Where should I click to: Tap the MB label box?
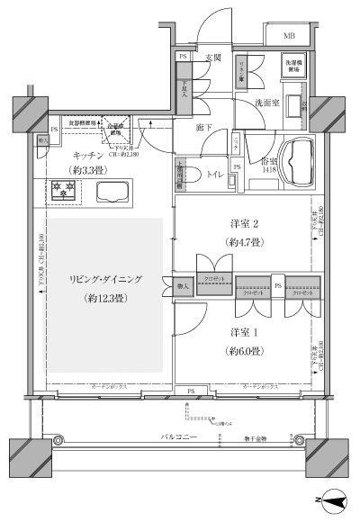coord(289,36)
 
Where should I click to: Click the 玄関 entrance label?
coord(213,58)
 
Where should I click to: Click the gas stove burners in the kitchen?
coord(64,191)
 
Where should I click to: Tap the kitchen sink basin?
coord(112,191)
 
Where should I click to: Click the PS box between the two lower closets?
coord(278,287)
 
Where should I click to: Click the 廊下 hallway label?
coord(204,129)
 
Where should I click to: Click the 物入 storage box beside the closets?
coord(183,286)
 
